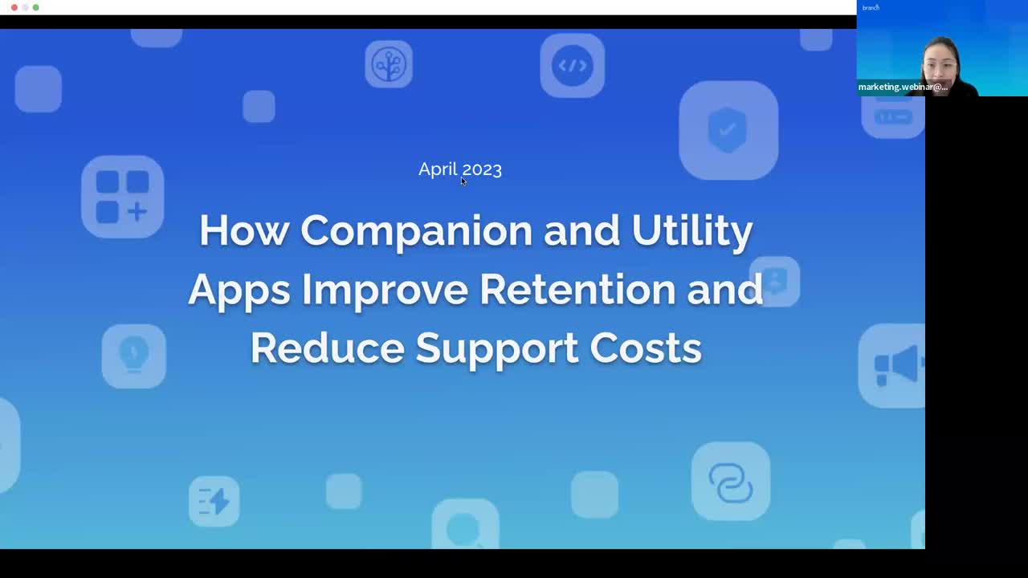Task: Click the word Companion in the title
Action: click(416, 230)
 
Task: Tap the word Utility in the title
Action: click(692, 230)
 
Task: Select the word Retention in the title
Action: click(577, 290)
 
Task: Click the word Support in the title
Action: click(497, 348)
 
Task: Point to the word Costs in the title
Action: click(646, 348)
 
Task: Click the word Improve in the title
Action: click(385, 290)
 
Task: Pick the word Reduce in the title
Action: click(328, 348)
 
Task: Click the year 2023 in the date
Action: click(481, 169)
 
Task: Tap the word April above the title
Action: click(438, 169)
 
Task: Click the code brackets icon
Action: click(573, 66)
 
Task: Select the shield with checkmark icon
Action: click(728, 130)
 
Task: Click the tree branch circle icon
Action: click(389, 64)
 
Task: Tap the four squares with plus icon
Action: click(123, 197)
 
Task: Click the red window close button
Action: click(14, 7)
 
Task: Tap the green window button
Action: click(36, 7)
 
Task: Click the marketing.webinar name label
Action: click(903, 87)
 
